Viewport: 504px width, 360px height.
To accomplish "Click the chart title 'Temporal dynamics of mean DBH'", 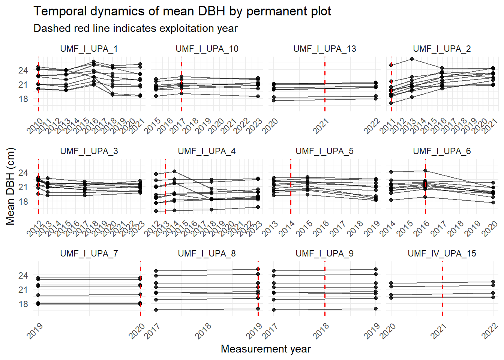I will click(x=182, y=11).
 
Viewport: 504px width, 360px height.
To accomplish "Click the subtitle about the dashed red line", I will click(x=135, y=28).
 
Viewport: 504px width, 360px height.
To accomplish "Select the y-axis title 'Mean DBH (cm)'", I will click(x=10, y=186).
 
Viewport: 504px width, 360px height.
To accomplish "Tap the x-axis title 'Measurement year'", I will click(x=265, y=349).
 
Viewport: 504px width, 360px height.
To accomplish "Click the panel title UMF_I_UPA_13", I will click(x=324, y=49).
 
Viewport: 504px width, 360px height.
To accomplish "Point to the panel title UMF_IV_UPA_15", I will click(x=442, y=253).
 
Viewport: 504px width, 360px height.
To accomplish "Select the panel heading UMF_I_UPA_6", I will click(x=442, y=151).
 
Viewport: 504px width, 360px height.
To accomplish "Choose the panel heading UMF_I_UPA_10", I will click(x=207, y=49).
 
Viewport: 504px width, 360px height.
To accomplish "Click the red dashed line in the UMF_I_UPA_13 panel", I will click(x=325, y=90).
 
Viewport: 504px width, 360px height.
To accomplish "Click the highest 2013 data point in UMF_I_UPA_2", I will click(x=412, y=59).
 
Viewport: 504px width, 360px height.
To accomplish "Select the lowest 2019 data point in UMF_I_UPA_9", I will click(x=376, y=309).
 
